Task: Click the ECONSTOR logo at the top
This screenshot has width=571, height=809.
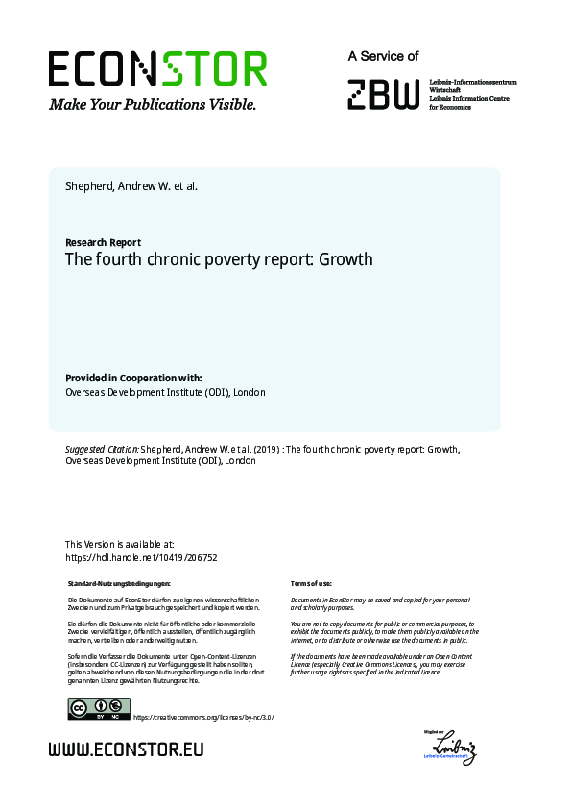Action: pyautogui.click(x=157, y=69)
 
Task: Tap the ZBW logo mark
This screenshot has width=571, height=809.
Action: pyautogui.click(x=383, y=94)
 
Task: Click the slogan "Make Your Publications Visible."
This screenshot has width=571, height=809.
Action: pyautogui.click(x=153, y=104)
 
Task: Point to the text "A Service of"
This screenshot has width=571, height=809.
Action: pyautogui.click(x=383, y=57)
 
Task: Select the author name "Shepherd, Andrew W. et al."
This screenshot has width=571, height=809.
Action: pyautogui.click(x=131, y=186)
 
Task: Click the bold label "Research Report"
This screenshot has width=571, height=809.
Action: pyautogui.click(x=103, y=242)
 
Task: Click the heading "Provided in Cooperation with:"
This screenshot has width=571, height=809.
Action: pyautogui.click(x=133, y=378)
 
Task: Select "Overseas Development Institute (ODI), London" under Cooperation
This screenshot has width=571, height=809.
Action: pyautogui.click(x=165, y=392)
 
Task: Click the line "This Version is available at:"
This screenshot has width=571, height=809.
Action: pyautogui.click(x=119, y=544)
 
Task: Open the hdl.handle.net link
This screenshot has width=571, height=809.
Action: pyautogui.click(x=141, y=557)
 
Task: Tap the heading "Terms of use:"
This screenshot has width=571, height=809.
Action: pyautogui.click(x=311, y=584)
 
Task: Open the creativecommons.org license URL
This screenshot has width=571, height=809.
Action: pyautogui.click(x=202, y=717)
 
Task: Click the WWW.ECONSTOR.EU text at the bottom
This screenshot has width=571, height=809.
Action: pyautogui.click(x=126, y=748)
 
